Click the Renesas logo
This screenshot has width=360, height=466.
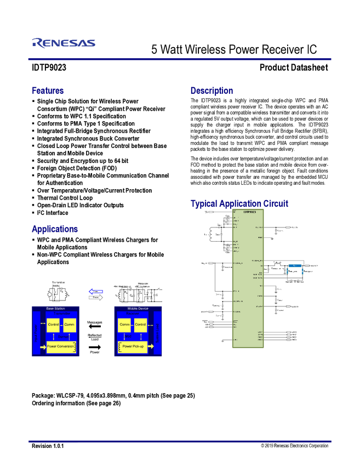64,43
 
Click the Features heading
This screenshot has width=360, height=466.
48,90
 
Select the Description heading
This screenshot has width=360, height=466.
212,90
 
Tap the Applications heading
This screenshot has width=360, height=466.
55,229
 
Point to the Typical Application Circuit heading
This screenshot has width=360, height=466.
239,203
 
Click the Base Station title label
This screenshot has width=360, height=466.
55,309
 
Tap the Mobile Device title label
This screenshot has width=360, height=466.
138,309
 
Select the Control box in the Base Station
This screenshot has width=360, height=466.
53,325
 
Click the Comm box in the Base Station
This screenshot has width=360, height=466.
69,325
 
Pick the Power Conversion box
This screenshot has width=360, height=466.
61,346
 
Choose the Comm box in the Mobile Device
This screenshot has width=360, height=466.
124,325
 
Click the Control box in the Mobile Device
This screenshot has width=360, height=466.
140,325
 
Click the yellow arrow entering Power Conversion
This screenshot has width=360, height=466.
43,346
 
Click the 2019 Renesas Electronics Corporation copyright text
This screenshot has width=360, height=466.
294,446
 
